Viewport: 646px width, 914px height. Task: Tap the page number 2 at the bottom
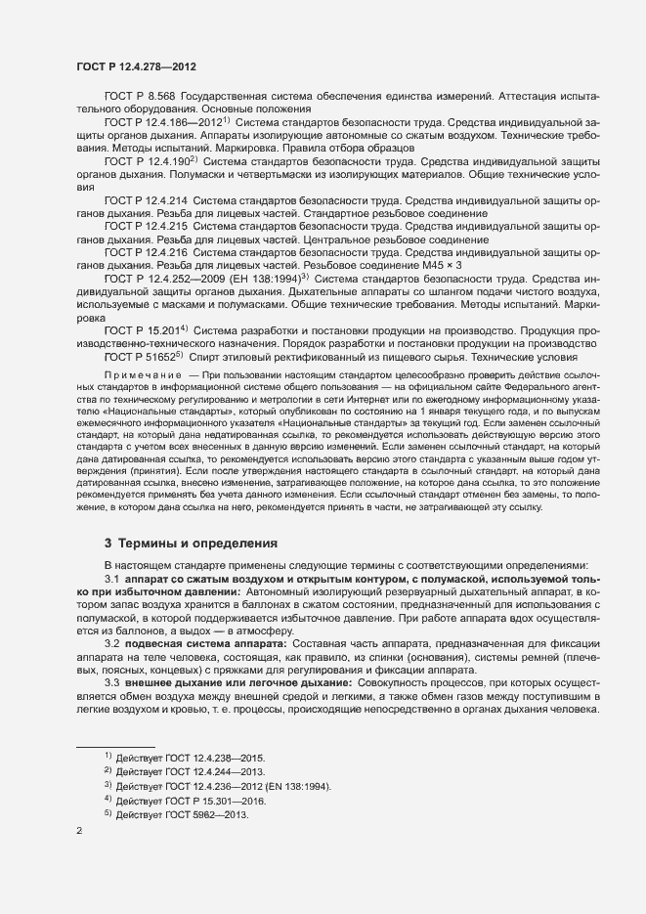pyautogui.click(x=79, y=831)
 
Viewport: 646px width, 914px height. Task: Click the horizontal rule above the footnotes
pyautogui.click(x=115, y=748)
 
